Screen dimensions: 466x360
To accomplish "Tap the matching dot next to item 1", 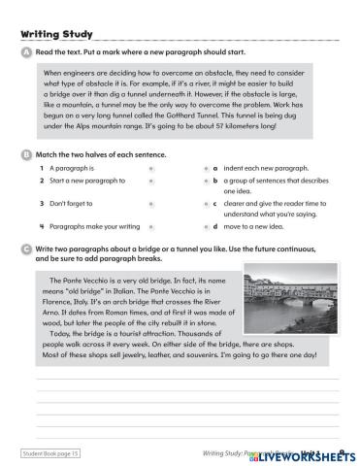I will pos(151,168).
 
